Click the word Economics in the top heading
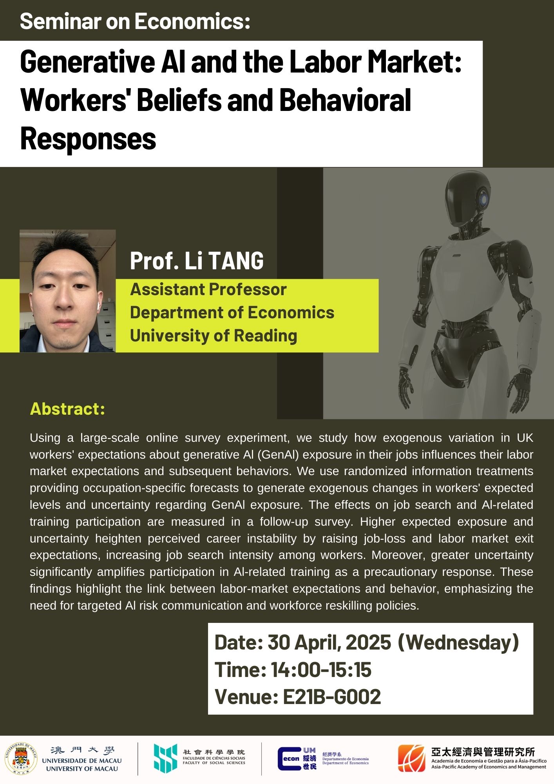192,21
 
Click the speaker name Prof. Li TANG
197,261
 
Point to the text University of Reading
214,336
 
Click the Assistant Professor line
208,289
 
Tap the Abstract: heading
67,409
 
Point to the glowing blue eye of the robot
484,200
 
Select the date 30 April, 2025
329,643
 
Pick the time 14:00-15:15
321,670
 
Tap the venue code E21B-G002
331,697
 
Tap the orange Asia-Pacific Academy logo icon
411,758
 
